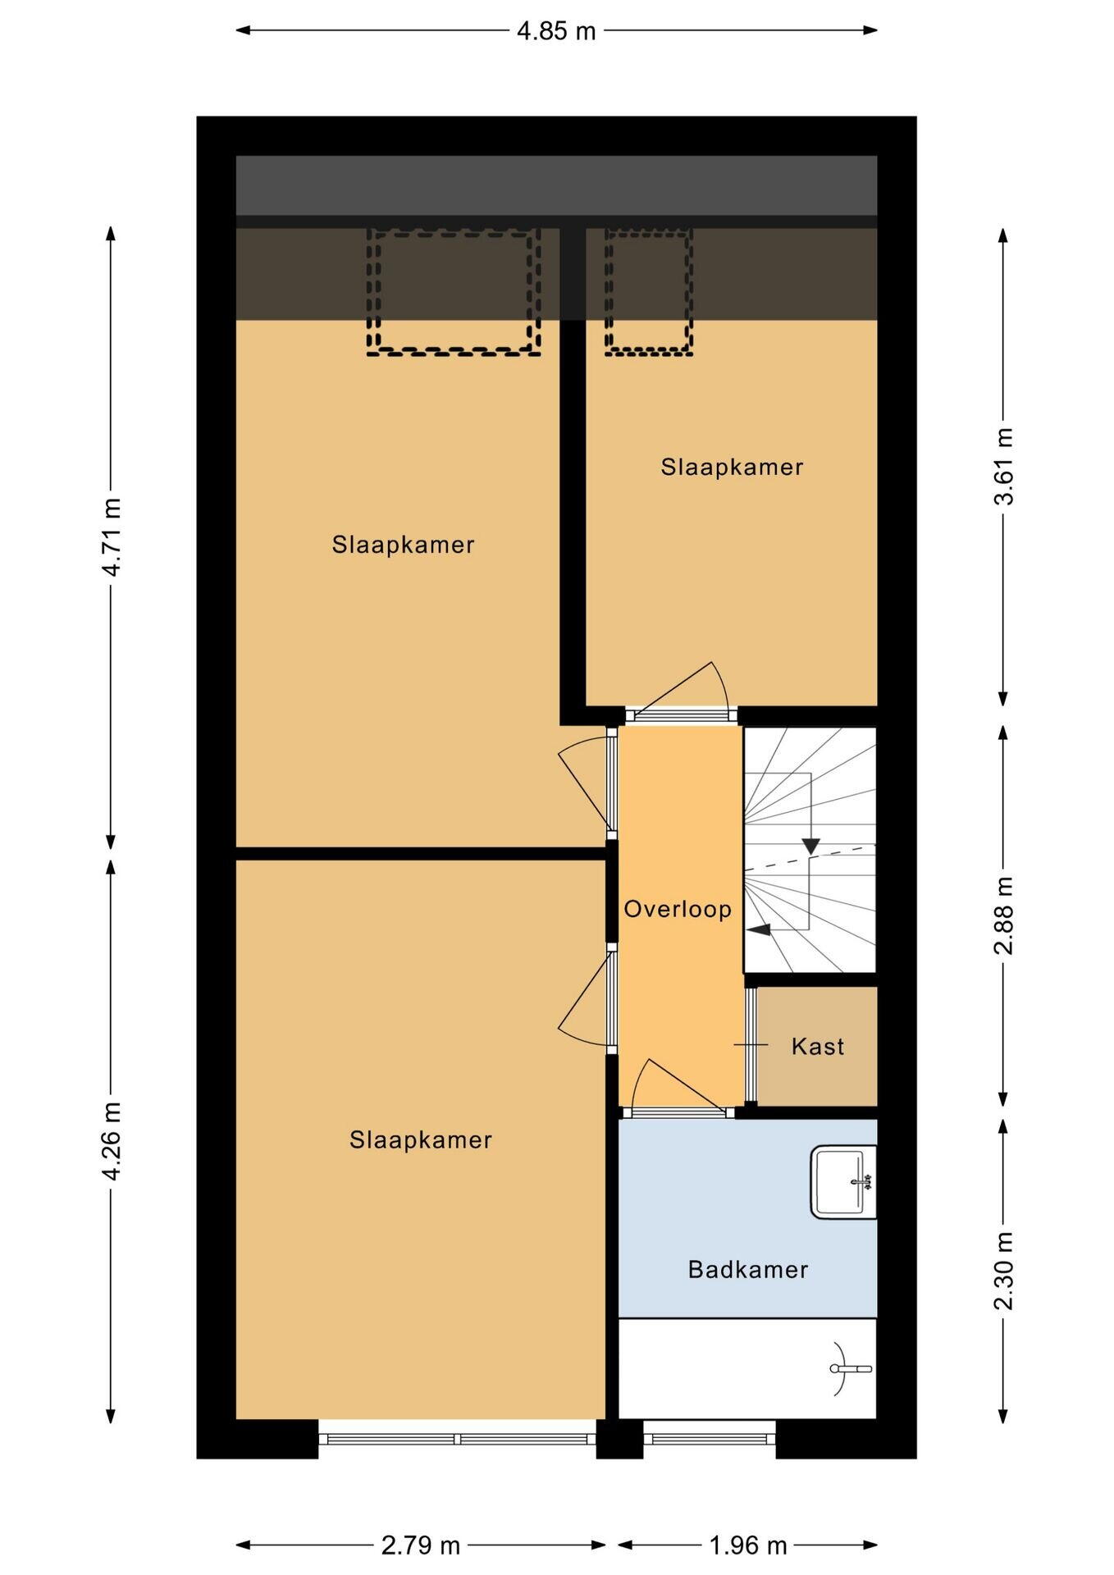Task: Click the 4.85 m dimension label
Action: point(556,31)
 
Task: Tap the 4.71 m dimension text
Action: point(112,537)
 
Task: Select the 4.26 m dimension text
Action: point(112,1141)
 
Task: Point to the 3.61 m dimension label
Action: point(1003,467)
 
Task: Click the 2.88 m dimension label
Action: point(1003,915)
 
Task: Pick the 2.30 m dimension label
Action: point(1003,1271)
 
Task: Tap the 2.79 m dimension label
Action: point(421,1545)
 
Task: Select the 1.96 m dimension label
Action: point(747,1545)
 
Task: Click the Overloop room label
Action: point(678,909)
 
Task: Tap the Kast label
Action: point(818,1047)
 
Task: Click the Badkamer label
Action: point(748,1270)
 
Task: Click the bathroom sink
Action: point(843,1182)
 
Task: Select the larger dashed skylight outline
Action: point(454,292)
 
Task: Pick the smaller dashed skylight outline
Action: point(649,292)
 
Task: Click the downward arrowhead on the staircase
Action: point(811,846)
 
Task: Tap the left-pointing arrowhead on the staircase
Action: point(759,929)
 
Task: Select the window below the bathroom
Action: point(710,1439)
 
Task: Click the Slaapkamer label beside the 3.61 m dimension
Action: point(732,467)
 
